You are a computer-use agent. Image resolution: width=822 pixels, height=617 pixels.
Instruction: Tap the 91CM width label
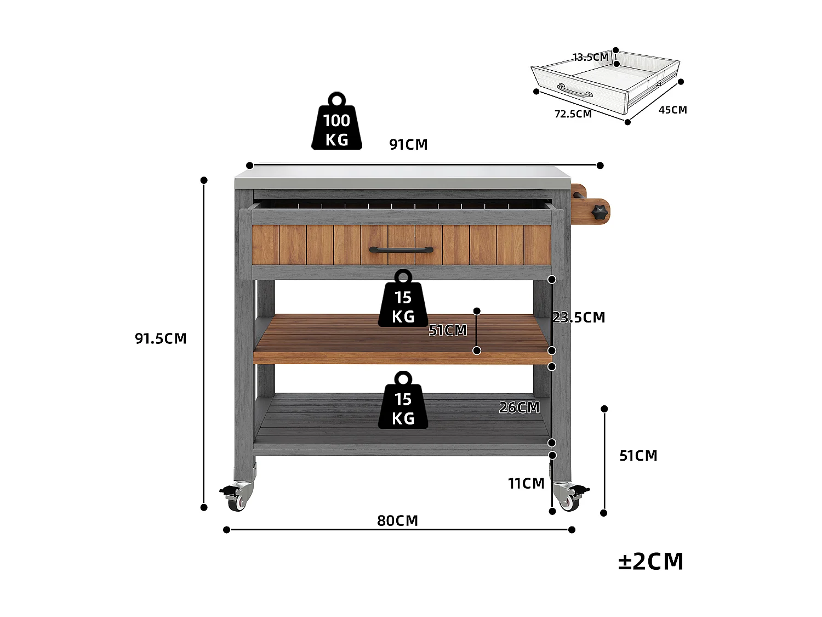(x=408, y=145)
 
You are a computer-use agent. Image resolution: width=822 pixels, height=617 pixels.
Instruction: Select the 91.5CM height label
(x=161, y=338)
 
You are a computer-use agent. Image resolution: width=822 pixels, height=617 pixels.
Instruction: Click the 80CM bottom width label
(x=397, y=520)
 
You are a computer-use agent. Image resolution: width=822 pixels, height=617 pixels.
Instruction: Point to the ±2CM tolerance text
(x=651, y=562)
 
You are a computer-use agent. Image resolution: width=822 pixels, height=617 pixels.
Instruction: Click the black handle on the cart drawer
(x=401, y=250)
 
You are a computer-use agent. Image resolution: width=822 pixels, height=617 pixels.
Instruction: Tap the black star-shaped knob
(x=600, y=211)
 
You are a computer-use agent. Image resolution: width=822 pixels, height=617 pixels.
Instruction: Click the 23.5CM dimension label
(x=579, y=318)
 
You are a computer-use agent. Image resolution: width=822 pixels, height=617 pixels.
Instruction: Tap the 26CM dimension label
(x=519, y=407)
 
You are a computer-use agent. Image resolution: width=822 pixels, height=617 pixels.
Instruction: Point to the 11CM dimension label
(x=526, y=484)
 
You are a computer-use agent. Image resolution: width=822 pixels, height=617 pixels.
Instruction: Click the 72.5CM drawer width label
(x=573, y=114)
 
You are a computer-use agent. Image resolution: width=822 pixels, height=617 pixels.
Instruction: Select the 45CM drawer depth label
(x=672, y=110)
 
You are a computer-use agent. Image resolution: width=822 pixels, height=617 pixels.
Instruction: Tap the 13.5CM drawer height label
(x=590, y=57)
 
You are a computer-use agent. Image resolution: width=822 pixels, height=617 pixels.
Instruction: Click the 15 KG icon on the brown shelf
(x=403, y=301)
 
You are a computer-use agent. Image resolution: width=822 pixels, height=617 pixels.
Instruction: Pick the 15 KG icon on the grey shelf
(x=403, y=403)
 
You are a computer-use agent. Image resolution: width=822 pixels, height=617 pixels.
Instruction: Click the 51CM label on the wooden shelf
(x=448, y=330)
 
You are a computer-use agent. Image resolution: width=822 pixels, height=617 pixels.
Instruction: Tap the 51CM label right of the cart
(x=638, y=456)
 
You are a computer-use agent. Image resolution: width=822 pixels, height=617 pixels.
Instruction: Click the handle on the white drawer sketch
(x=575, y=91)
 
